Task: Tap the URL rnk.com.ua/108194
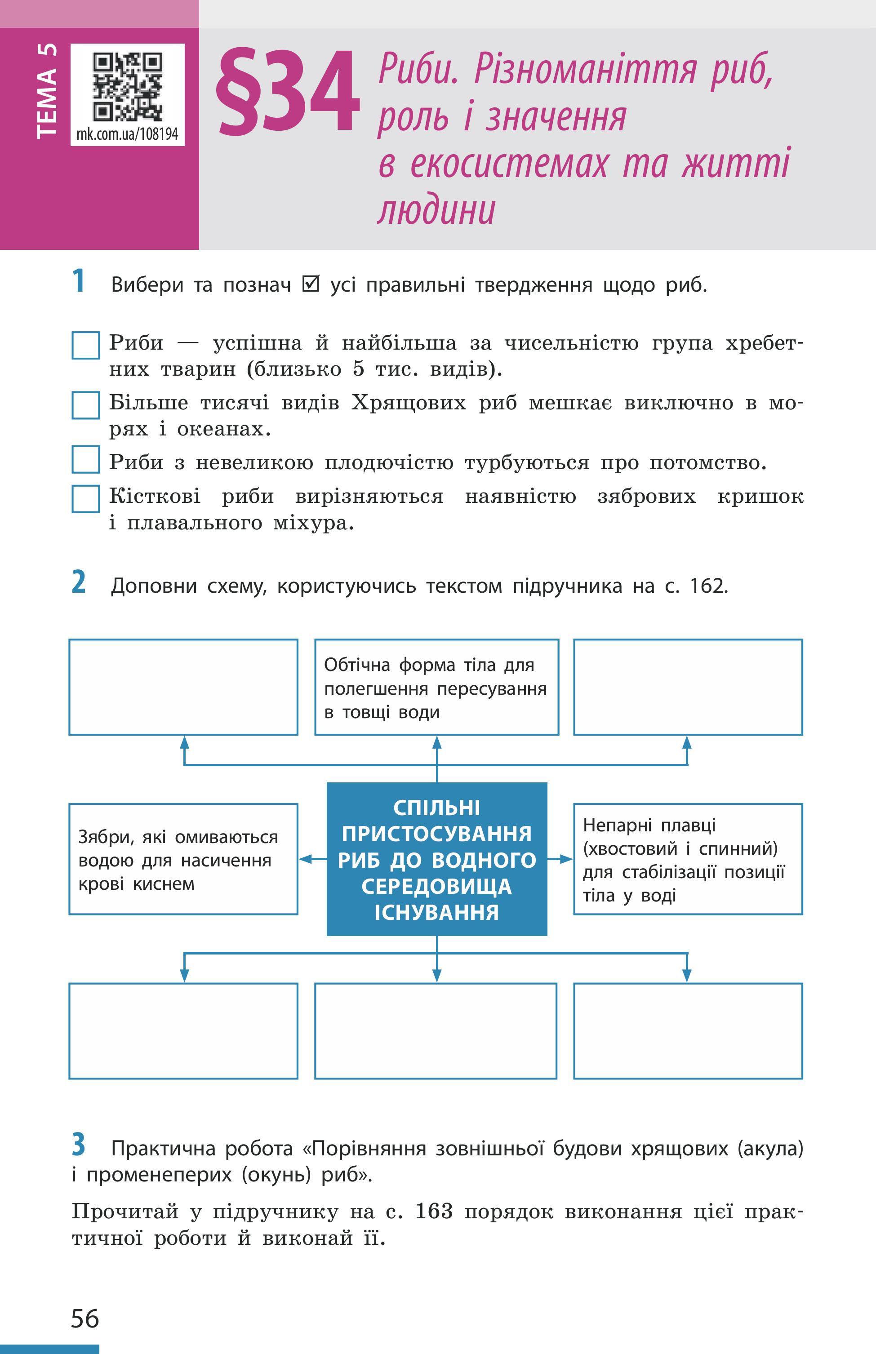(127, 134)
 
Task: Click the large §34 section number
(288, 92)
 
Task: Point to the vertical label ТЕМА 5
(47, 91)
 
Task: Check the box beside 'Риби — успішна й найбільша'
(86, 346)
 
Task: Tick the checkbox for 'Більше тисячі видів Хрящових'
(86, 405)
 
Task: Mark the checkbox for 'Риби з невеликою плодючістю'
(86, 459)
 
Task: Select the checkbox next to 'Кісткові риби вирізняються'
(86, 499)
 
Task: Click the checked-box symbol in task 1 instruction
(311, 284)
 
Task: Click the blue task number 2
(79, 583)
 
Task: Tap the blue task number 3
(79, 1144)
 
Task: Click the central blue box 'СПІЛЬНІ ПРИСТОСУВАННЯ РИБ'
(436, 859)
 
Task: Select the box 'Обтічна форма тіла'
(436, 687)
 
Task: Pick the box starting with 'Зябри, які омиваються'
(183, 859)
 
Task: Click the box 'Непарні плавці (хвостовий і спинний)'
(688, 859)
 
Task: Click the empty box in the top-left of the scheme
(183, 687)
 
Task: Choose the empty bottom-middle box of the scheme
(436, 1031)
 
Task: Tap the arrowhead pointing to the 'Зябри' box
(305, 859)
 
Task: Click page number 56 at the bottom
(85, 1318)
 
